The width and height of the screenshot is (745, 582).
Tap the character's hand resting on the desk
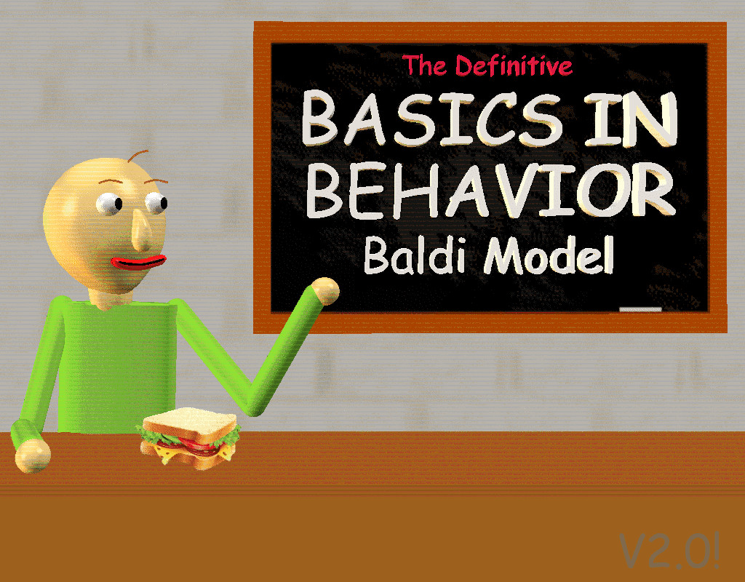click(32, 455)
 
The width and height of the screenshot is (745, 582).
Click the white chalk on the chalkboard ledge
click(640, 310)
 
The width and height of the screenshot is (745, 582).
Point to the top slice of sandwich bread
click(191, 422)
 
